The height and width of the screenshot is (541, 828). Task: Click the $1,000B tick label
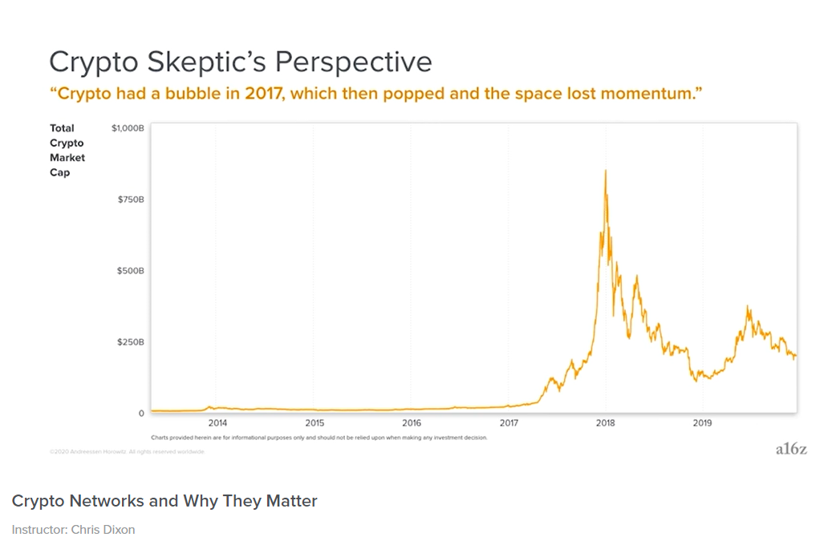coord(128,127)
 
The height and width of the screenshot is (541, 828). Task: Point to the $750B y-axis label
coord(130,199)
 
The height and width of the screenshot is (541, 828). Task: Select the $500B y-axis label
coord(130,271)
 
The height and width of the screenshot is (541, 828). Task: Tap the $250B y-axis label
coord(130,342)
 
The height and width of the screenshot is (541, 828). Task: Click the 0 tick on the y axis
coord(141,414)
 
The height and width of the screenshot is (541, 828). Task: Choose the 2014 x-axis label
coord(217,422)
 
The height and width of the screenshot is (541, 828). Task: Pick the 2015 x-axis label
coord(315,422)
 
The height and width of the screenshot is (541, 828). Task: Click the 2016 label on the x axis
coord(412,422)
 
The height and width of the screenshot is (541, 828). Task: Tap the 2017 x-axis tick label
coord(509,422)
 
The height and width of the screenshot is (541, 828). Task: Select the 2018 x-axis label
coord(606,422)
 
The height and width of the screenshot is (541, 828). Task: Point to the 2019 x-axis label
coord(703,422)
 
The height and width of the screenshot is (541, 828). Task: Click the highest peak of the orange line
coord(605,171)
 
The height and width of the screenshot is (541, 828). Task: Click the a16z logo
coord(790,449)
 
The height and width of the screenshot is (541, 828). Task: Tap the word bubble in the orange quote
coord(187,94)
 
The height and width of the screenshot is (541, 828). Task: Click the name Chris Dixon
coord(102,529)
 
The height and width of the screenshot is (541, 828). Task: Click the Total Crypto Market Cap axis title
coord(67,150)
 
